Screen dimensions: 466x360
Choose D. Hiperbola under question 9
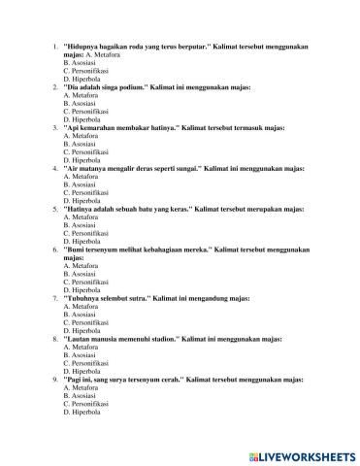click(x=82, y=412)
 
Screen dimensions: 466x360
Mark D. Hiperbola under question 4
click(x=82, y=199)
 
